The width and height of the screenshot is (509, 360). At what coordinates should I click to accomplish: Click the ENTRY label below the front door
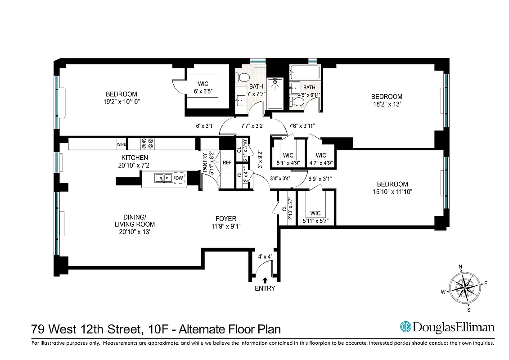click(265, 288)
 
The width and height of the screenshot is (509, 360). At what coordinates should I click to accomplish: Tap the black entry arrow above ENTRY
click(265, 280)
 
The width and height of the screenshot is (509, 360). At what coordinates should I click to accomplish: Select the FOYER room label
click(226, 219)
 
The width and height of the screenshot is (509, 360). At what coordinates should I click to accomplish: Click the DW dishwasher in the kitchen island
click(179, 178)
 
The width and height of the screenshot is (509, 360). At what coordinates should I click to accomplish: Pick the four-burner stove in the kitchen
click(147, 144)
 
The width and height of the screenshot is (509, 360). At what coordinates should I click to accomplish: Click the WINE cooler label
click(122, 144)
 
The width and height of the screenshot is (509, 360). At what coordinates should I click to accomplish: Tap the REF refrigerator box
click(227, 163)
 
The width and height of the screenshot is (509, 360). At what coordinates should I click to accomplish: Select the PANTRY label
click(205, 163)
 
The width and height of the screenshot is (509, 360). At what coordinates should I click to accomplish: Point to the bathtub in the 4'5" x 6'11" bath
click(305, 72)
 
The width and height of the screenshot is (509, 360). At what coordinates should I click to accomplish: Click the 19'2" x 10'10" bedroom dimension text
click(121, 102)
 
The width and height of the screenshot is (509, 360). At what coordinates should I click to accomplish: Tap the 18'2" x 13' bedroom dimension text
click(387, 104)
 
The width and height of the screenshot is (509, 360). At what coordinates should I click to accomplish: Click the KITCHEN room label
click(134, 157)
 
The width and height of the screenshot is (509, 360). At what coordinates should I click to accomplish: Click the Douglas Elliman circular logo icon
click(406, 327)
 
